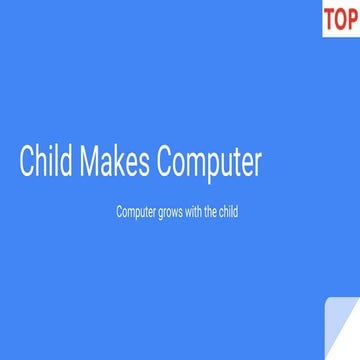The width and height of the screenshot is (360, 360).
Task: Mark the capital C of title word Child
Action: click(27, 163)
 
